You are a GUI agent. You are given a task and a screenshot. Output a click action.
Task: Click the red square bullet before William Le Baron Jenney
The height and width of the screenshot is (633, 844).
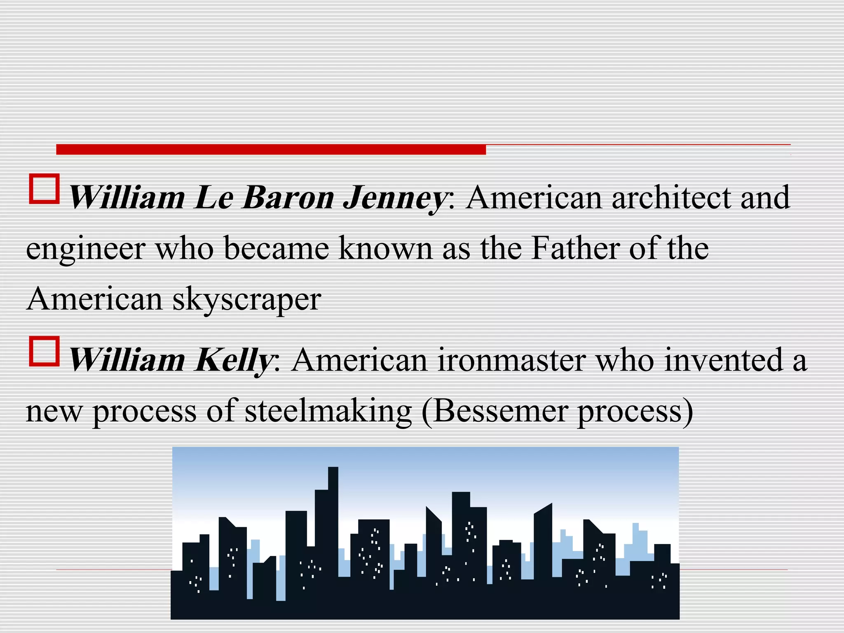44,189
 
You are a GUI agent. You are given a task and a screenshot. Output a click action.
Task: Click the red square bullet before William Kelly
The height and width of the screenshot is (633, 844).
44,352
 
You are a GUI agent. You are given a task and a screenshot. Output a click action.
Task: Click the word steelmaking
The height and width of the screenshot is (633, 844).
328,411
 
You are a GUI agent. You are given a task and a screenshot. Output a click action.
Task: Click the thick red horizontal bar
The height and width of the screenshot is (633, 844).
271,149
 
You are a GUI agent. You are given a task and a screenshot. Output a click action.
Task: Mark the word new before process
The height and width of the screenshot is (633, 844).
54,411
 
